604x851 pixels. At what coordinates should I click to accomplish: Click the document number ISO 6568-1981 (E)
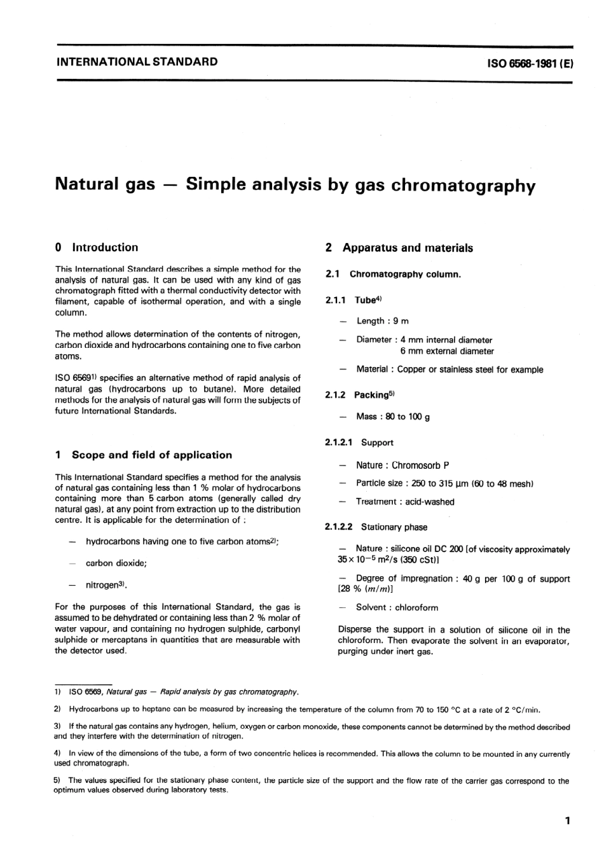530,63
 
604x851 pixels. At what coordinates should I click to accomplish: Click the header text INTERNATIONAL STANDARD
137,62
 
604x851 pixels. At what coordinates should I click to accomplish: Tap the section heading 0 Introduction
97,247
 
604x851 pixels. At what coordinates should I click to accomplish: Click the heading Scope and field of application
151,455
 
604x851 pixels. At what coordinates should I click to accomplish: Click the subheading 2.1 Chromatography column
393,274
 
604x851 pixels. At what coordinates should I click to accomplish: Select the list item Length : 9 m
382,321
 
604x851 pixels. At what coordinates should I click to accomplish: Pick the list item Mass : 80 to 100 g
393,417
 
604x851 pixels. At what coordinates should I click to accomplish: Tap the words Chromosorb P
420,466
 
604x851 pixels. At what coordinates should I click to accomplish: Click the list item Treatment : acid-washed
405,502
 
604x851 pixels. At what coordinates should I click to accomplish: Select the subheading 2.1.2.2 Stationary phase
376,527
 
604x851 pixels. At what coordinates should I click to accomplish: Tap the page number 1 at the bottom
567,820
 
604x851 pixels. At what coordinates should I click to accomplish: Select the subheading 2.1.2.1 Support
359,443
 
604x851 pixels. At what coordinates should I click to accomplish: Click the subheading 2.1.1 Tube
353,300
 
